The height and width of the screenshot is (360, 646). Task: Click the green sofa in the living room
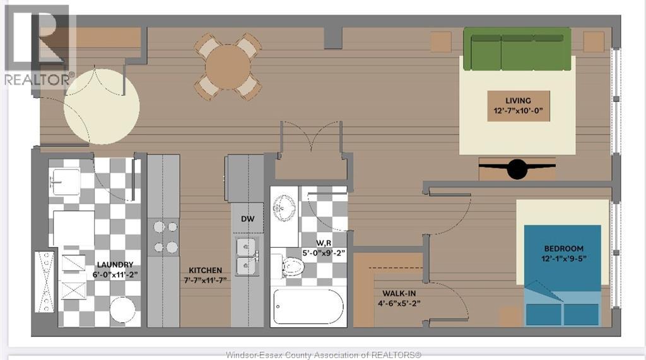pyautogui.click(x=517, y=49)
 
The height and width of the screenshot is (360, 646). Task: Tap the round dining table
pyautogui.click(x=228, y=67)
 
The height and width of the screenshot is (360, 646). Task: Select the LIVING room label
pyautogui.click(x=518, y=100)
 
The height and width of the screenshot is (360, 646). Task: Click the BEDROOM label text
pyautogui.click(x=563, y=248)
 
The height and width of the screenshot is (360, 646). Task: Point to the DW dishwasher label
pyautogui.click(x=247, y=219)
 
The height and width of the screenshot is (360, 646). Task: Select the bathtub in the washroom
pyautogui.click(x=308, y=307)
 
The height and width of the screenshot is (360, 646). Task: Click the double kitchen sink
pyautogui.click(x=247, y=256)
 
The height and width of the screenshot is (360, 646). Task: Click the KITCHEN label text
pyautogui.click(x=205, y=270)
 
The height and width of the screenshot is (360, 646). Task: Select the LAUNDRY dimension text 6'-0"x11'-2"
pyautogui.click(x=115, y=275)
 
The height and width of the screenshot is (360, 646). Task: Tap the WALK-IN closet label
pyautogui.click(x=399, y=293)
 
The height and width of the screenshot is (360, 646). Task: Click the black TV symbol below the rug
pyautogui.click(x=517, y=168)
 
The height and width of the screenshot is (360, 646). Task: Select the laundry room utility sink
pyautogui.click(x=65, y=182)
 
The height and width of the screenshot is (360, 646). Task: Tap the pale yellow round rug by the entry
pyautogui.click(x=102, y=107)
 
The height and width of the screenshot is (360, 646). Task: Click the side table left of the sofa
pyautogui.click(x=441, y=42)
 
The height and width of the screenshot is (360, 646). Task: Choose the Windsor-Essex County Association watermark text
pyautogui.click(x=324, y=355)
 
